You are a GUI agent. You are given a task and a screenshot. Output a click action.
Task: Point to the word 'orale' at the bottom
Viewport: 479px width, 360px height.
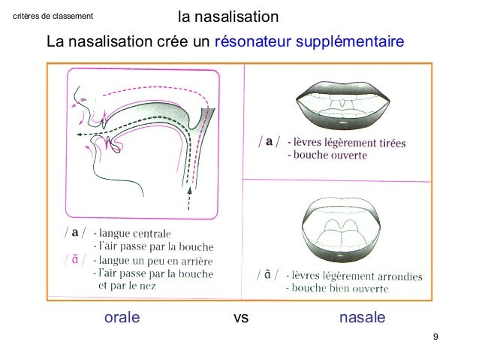122,318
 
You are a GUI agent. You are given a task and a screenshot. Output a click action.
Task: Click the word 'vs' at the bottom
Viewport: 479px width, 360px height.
241,318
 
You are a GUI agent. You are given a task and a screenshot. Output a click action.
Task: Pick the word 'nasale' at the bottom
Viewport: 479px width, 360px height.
363,318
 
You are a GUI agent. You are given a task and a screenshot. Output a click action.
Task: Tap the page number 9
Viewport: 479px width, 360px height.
436,336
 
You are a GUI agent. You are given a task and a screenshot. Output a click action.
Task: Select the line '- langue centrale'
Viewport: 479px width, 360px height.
132,232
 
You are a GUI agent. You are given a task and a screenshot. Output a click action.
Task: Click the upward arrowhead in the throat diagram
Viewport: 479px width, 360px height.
189,192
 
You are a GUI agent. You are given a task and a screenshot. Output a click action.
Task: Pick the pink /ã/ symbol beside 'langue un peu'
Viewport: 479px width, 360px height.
76,259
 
